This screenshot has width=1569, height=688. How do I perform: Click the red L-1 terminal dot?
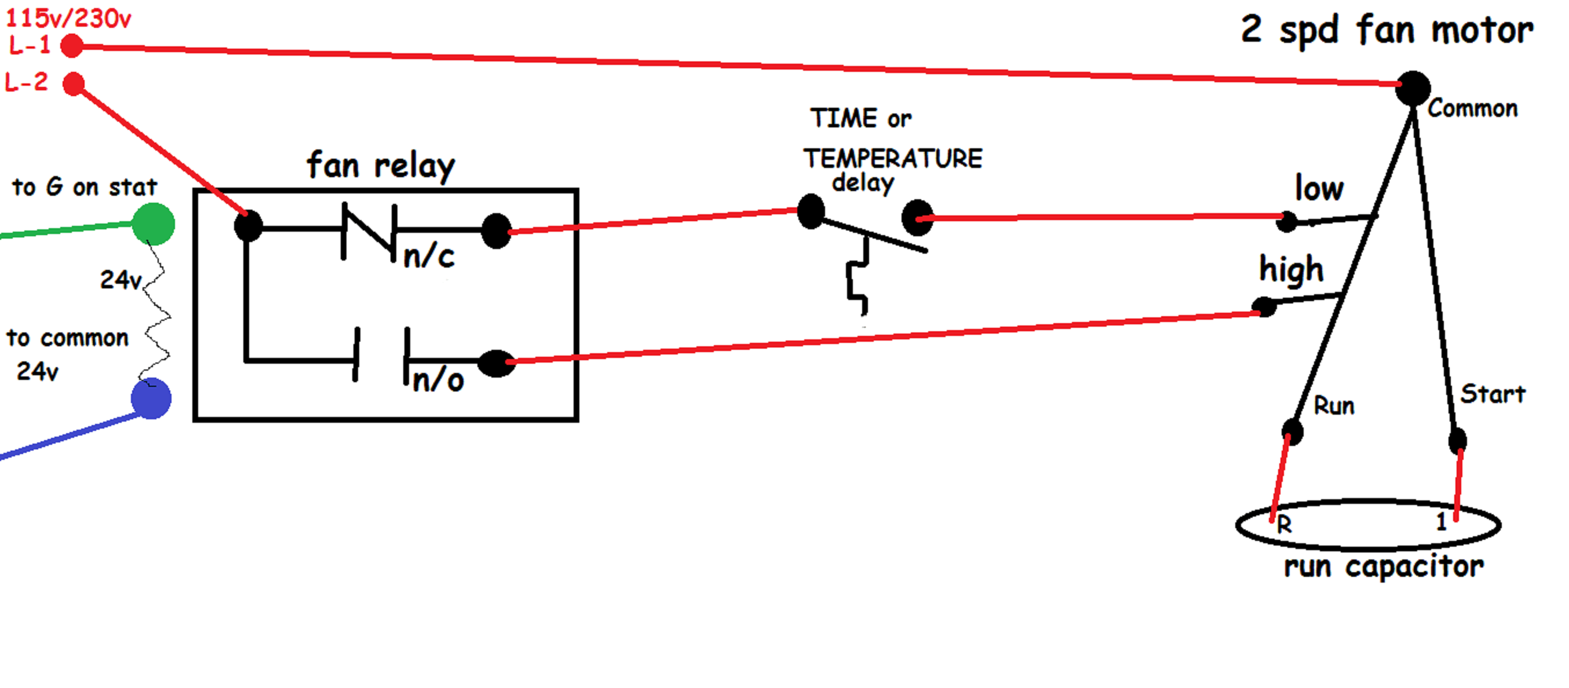(x=72, y=46)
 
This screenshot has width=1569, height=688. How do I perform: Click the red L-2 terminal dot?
(x=74, y=84)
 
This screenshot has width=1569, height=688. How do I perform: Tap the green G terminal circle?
(x=154, y=224)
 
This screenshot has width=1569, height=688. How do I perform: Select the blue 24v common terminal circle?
(x=151, y=399)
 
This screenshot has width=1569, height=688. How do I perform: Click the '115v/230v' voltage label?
(x=68, y=19)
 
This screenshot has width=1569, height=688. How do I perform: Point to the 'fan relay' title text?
(x=381, y=166)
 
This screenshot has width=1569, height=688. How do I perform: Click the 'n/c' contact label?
(x=429, y=257)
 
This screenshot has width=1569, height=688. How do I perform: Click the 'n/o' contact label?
(x=438, y=381)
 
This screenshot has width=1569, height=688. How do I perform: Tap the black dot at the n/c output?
(x=497, y=230)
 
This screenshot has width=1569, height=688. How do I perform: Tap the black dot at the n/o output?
(x=497, y=364)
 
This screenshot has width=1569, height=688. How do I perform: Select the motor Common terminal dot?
(x=1413, y=88)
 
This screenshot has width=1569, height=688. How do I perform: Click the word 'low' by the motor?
(x=1319, y=188)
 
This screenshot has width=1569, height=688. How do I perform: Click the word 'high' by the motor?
(x=1291, y=270)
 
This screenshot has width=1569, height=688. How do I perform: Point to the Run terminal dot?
(x=1292, y=431)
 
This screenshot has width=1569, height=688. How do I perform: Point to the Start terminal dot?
(x=1458, y=441)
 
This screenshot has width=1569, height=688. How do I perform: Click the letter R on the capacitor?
(x=1285, y=524)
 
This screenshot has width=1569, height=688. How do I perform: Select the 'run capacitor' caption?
(x=1383, y=567)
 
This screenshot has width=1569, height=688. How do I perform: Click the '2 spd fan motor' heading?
(x=1387, y=31)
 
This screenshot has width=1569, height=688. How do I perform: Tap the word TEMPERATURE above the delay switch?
(x=892, y=159)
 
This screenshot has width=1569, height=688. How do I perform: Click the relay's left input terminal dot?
(x=248, y=226)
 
